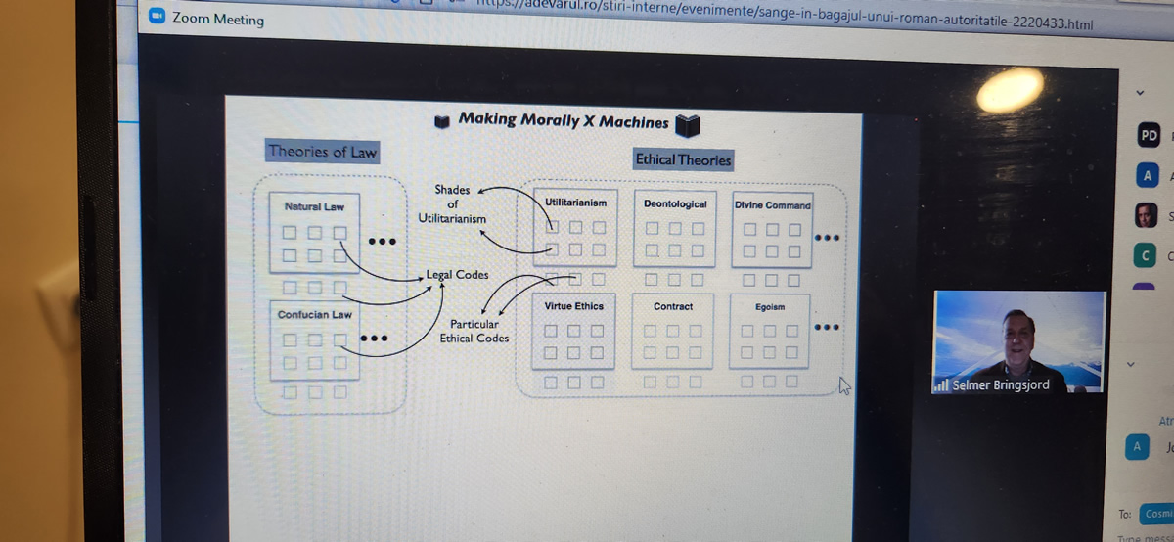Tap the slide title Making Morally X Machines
563,121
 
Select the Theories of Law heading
322,152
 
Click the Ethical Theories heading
682,159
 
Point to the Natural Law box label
313,207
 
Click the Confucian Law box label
314,315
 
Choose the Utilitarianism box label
575,203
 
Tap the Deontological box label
674,204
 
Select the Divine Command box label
772,205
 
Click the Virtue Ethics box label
573,306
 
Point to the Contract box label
672,307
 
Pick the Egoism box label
769,307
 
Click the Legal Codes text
457,275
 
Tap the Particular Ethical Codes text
474,331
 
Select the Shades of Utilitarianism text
452,204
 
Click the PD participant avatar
1149,136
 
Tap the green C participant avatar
1146,255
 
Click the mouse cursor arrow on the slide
844,386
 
